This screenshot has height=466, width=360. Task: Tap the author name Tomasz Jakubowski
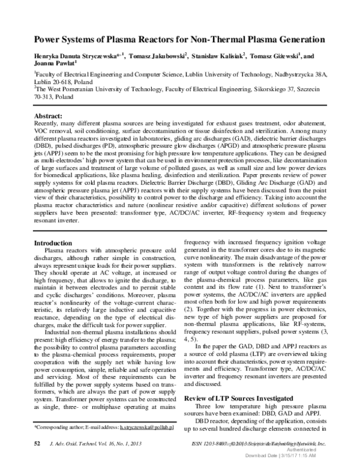pos(158,55)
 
